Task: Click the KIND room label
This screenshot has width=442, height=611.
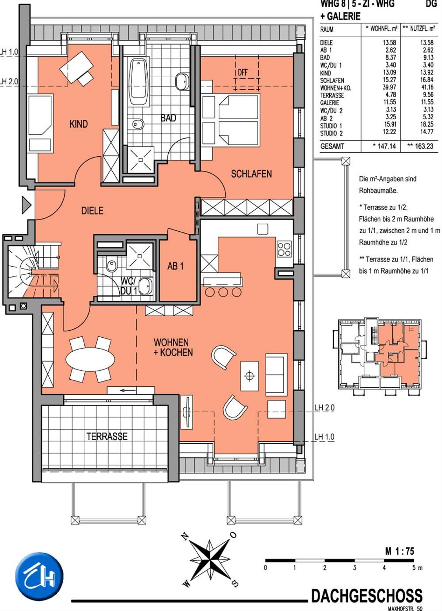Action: [79, 124]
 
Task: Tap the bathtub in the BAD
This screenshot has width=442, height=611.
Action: [139, 81]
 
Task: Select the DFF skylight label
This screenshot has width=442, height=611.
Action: [243, 72]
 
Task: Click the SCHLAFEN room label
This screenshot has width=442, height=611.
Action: [251, 174]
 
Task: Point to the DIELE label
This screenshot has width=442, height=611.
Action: [92, 210]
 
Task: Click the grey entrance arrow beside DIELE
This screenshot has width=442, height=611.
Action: [26, 205]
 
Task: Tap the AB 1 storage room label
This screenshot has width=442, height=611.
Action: [175, 266]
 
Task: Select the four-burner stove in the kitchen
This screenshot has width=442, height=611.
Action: [284, 249]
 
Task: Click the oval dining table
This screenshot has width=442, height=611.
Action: [90, 359]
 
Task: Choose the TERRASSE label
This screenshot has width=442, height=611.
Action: [107, 436]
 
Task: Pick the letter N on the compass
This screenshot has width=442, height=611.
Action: [185, 537]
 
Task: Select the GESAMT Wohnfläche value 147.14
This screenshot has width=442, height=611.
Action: [386, 146]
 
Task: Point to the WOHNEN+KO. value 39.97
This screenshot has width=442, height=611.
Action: [389, 87]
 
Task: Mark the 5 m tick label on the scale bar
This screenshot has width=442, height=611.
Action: [417, 568]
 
